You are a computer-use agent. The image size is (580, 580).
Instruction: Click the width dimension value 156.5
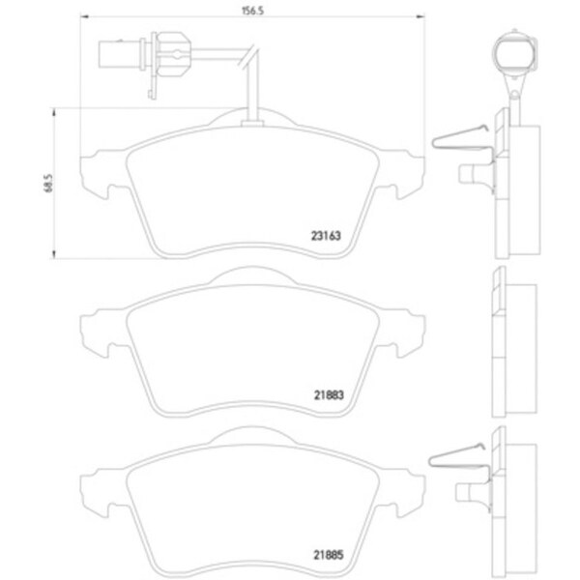252,11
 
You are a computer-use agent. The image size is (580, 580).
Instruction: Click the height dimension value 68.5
49,183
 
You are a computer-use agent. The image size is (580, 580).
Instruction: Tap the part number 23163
326,236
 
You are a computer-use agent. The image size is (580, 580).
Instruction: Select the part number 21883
329,395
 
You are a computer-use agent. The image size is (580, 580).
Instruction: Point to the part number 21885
329,555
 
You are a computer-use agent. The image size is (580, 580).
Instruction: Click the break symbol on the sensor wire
247,57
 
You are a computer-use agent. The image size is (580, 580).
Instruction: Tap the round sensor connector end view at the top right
514,53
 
